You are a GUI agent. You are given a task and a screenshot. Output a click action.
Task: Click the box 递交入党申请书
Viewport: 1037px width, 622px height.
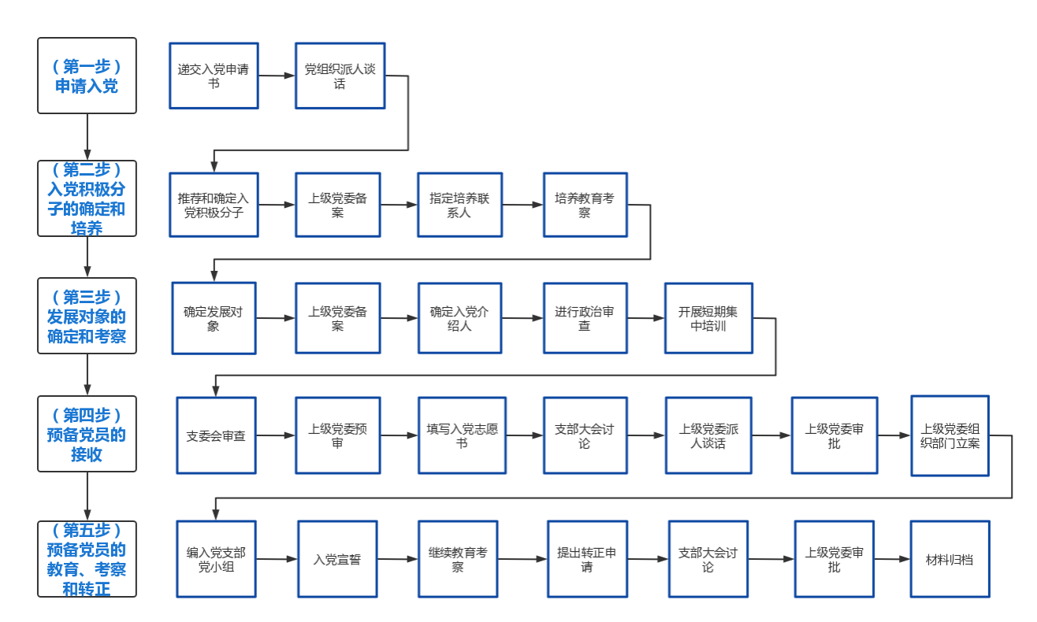tap(214, 76)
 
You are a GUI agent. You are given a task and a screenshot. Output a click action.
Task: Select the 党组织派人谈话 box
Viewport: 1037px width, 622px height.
tap(340, 76)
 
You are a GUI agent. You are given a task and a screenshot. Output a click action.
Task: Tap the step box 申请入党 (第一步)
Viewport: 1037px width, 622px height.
tap(87, 76)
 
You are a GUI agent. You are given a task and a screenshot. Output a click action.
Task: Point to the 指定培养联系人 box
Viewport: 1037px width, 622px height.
tap(459, 205)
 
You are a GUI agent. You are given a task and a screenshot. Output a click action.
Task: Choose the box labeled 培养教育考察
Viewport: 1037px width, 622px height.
tap(585, 205)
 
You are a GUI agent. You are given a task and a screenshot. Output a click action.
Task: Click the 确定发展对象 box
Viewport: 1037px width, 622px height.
tap(214, 318)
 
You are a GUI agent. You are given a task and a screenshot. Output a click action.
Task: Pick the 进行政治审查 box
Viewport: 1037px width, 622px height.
tap(585, 318)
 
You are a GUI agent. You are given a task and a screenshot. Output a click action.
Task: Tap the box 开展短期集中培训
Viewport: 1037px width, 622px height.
tap(708, 318)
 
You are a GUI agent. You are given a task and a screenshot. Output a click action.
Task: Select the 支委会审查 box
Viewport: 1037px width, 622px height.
tap(216, 435)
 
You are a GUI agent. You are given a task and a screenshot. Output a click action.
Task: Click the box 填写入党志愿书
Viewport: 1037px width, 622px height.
tap(462, 435)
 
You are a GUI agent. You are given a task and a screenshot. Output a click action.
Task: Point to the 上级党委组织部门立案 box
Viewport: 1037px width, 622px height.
tap(950, 435)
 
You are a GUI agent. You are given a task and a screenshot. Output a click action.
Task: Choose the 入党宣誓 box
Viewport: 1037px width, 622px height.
tap(336, 559)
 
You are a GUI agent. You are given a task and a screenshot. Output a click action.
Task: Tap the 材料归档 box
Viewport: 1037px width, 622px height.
tap(950, 559)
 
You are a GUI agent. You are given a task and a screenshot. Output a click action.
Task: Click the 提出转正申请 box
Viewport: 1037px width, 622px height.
tap(587, 559)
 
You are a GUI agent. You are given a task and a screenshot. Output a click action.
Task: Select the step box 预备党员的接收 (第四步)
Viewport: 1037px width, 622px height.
tap(87, 434)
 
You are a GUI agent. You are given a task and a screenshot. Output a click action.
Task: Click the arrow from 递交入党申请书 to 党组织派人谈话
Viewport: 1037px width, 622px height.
tap(277, 76)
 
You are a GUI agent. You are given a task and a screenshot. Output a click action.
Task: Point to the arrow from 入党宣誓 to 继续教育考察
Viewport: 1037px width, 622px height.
tap(396, 559)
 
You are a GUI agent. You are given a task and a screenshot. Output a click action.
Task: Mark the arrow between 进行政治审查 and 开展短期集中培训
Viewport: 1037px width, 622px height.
tap(646, 318)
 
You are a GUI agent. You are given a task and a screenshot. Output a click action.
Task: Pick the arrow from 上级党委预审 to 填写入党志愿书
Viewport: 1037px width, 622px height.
tap(399, 435)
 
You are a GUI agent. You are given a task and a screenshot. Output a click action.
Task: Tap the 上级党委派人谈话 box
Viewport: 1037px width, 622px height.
tap(708, 435)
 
